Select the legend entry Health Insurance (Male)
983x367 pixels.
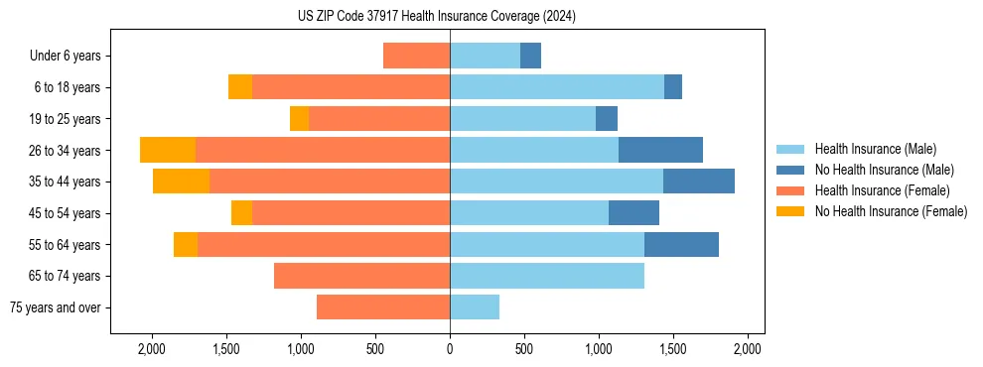875,149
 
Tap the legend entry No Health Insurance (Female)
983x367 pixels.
891,211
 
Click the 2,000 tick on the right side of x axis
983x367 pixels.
748,349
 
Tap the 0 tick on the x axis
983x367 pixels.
450,349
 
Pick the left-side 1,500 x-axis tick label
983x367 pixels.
226,349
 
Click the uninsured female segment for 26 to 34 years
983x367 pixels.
168,150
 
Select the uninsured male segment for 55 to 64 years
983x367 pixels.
681,244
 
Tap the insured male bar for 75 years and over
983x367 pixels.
475,307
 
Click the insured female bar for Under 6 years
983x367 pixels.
416,56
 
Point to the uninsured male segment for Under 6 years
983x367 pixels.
530,56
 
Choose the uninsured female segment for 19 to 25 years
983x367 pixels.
299,118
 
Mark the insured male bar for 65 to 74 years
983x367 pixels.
547,276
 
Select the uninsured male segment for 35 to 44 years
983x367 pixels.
699,182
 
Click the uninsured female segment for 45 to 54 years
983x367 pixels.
241,212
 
